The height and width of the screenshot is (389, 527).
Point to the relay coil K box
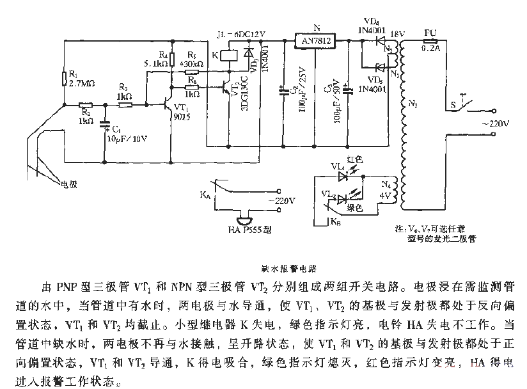click(x=230, y=55)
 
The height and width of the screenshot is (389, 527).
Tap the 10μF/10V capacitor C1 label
click(x=125, y=138)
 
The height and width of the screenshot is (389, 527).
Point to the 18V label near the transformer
click(x=397, y=32)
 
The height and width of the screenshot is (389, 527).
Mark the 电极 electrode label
click(x=68, y=185)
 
